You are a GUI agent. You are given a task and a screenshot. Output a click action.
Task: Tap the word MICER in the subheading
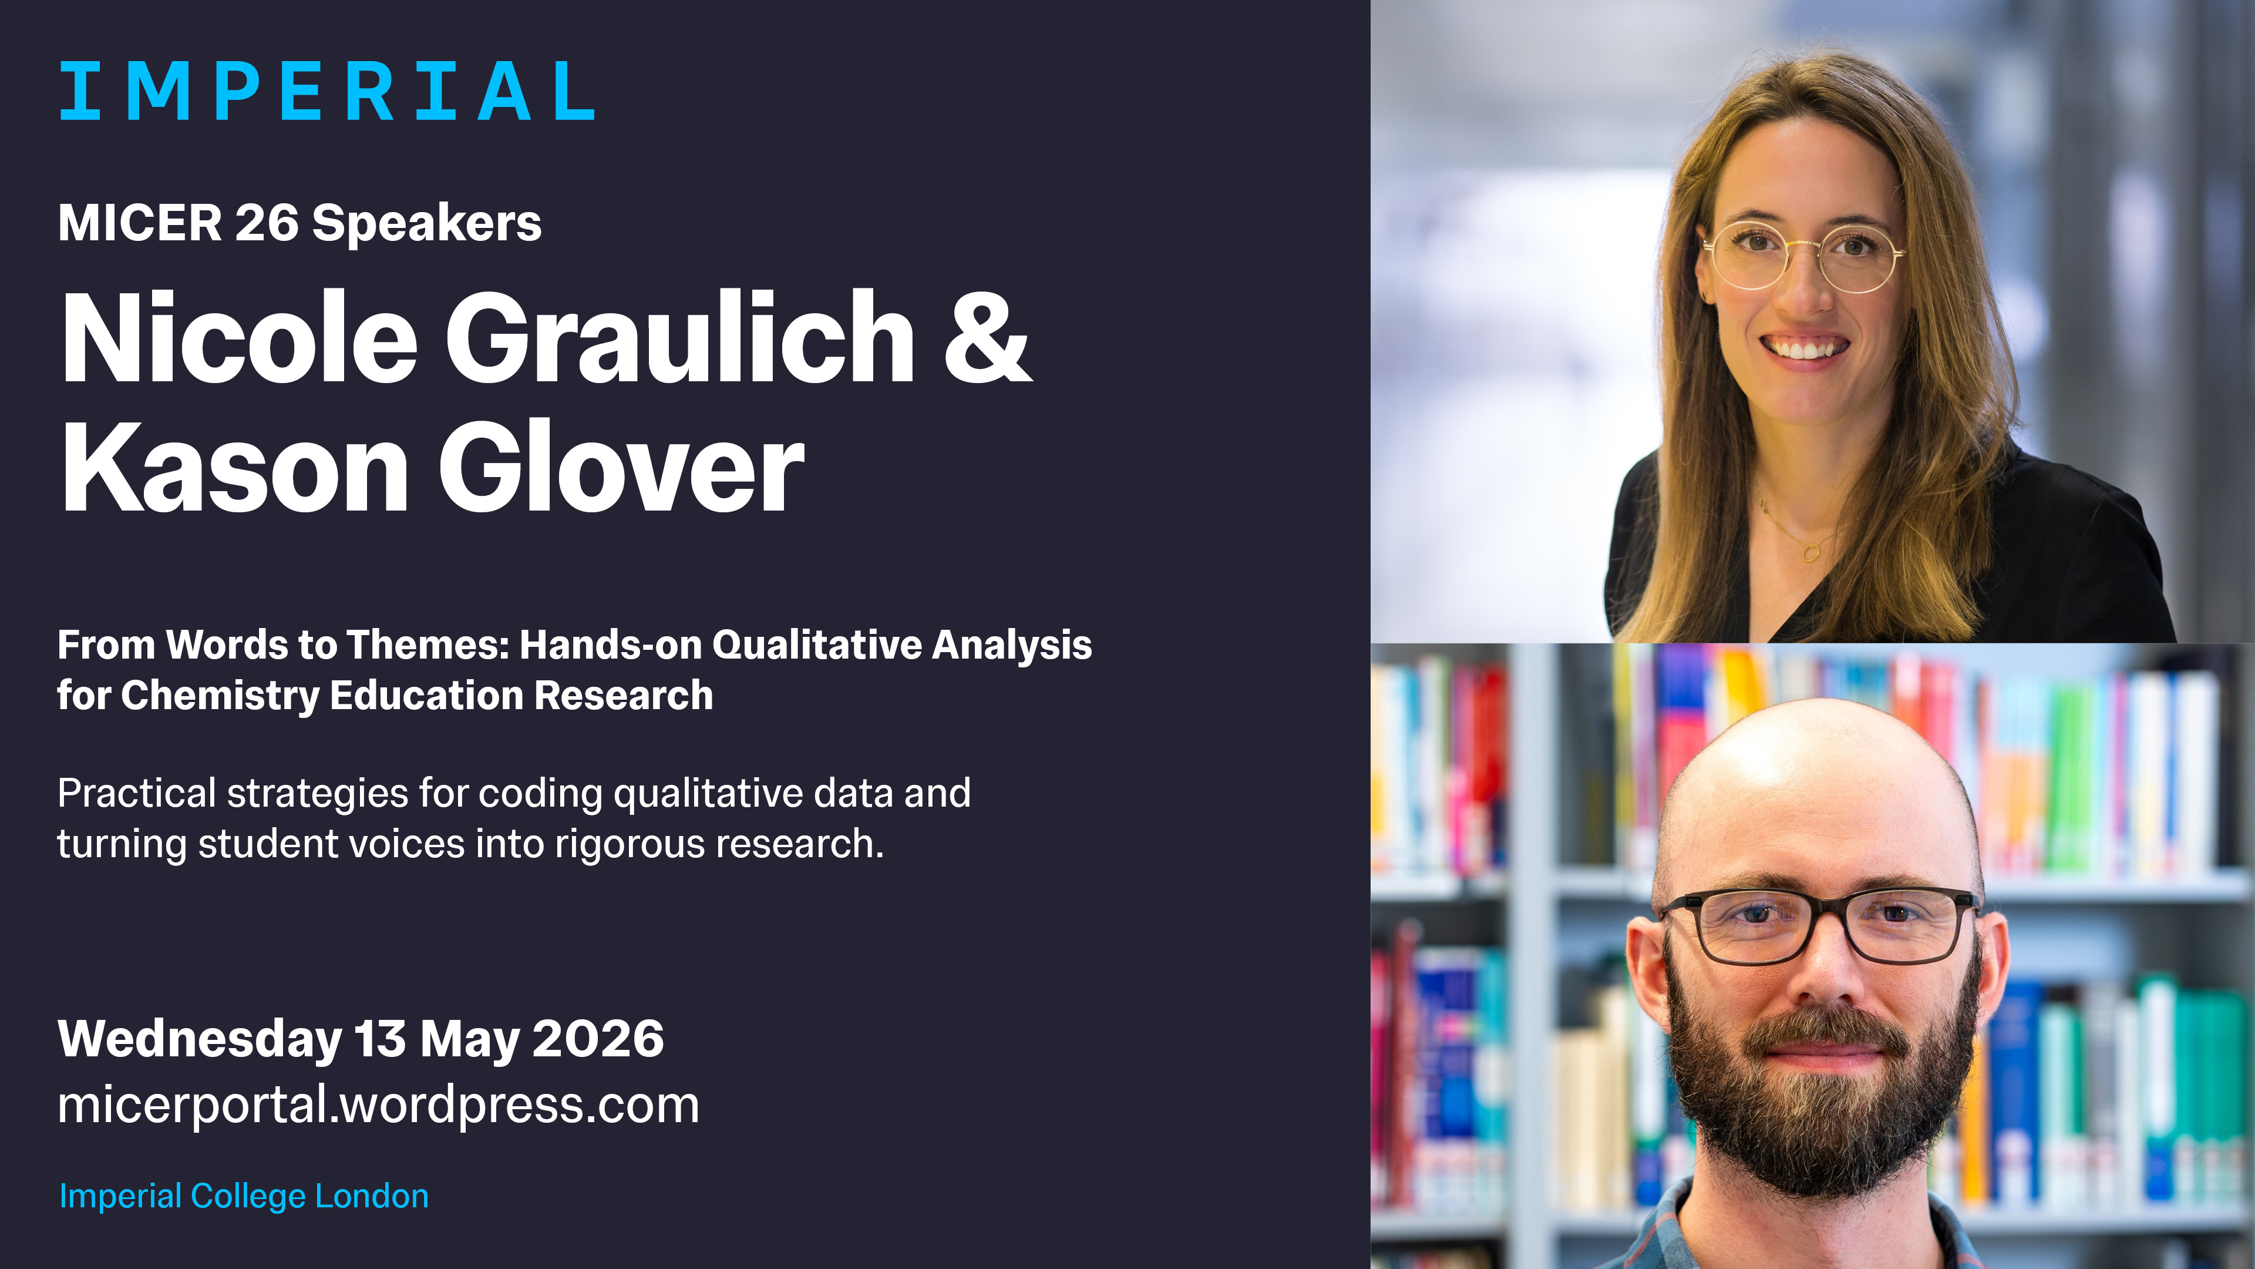pyautogui.click(x=140, y=223)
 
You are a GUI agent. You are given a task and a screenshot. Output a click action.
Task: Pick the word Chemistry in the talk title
pyautogui.click(x=219, y=696)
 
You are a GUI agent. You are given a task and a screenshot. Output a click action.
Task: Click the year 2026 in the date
pyautogui.click(x=598, y=1039)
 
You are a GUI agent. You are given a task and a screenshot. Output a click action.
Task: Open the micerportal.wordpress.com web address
pyautogui.click(x=378, y=1105)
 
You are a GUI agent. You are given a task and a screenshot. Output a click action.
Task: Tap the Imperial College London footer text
pyautogui.click(x=243, y=1196)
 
